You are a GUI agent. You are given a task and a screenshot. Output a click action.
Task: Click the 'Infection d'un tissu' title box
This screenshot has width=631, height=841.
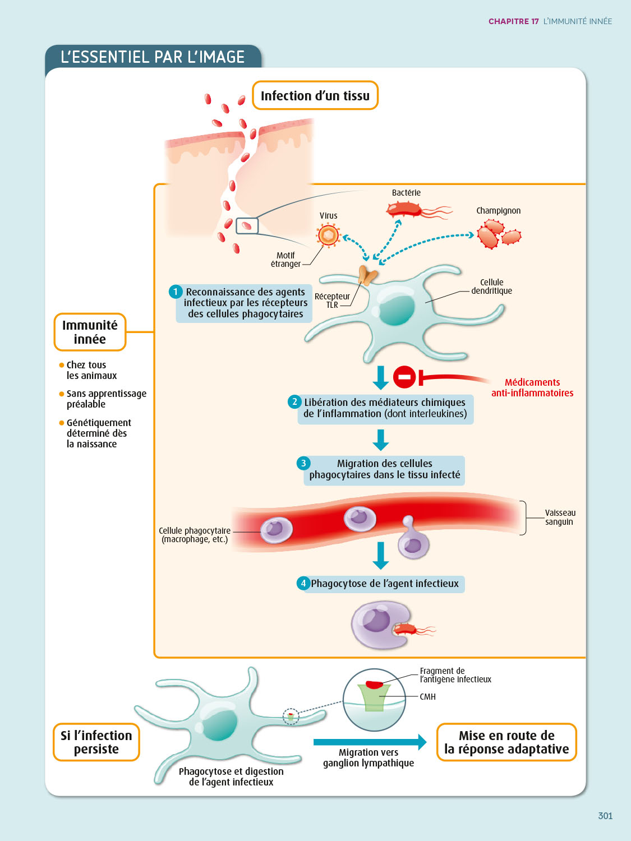(x=315, y=96)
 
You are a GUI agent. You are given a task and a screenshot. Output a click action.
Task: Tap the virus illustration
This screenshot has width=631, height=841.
(x=329, y=235)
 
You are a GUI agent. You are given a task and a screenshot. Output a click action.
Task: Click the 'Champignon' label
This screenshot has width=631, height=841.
(x=498, y=211)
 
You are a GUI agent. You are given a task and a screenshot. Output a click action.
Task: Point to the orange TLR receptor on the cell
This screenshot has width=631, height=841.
(x=367, y=275)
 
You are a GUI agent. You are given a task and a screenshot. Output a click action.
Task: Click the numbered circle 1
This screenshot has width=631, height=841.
(x=176, y=292)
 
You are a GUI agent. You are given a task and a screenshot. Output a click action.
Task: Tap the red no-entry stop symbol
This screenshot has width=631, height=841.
(x=404, y=377)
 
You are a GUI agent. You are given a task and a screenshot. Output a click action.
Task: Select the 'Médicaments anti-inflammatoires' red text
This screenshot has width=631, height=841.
(x=532, y=387)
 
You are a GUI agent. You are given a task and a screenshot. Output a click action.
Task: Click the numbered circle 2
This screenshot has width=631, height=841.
(x=294, y=401)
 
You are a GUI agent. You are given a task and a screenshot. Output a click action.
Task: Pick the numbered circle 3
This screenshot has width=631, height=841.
(x=303, y=463)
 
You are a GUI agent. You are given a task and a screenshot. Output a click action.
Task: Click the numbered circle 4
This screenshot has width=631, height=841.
(x=303, y=583)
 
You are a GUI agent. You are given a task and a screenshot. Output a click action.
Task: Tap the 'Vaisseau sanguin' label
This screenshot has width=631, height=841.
(x=560, y=517)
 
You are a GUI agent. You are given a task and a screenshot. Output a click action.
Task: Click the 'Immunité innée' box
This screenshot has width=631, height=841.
(x=90, y=332)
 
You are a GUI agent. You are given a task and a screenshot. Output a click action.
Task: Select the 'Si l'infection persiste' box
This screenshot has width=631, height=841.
(x=96, y=742)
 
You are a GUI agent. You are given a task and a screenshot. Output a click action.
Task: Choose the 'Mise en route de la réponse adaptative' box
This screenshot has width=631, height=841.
(x=506, y=742)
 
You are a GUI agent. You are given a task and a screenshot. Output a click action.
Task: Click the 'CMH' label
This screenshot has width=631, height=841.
(x=427, y=697)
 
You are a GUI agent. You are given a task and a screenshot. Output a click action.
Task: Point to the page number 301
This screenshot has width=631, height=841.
(x=605, y=816)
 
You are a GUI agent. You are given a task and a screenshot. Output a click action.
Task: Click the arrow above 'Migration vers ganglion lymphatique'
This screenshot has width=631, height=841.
(x=370, y=742)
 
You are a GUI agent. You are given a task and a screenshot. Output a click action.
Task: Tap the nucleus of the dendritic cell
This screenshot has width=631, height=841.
(x=397, y=309)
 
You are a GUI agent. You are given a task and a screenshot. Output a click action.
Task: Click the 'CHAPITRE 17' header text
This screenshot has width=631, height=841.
(x=513, y=21)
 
